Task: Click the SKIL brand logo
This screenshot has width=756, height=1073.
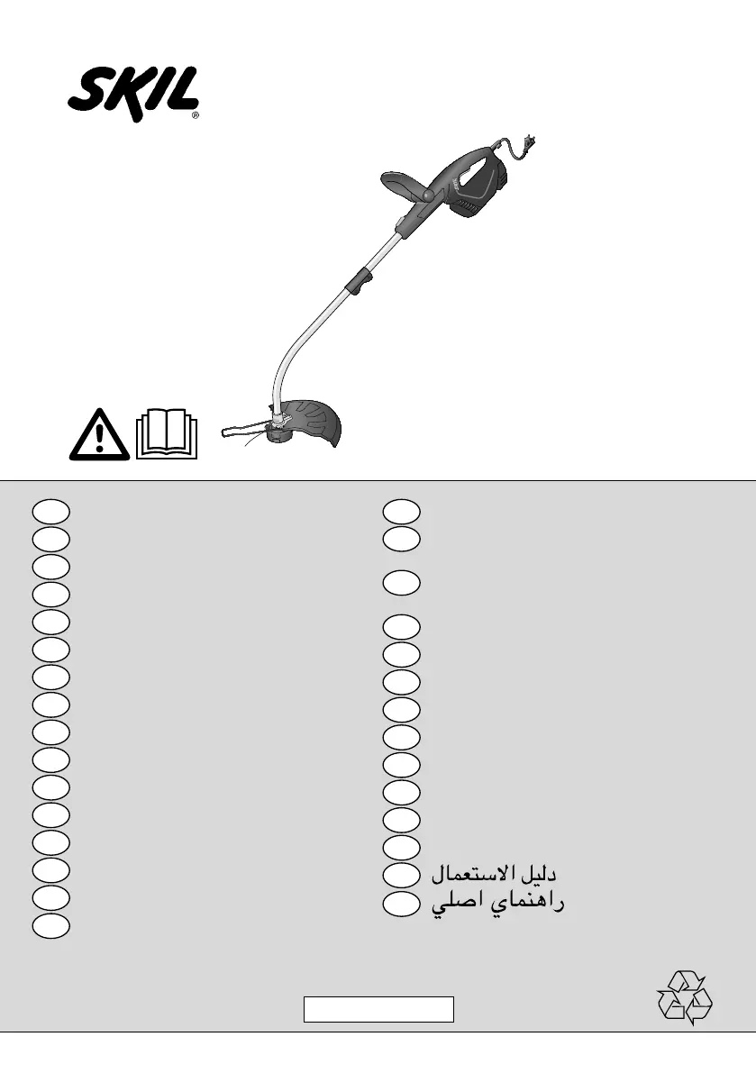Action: (133, 93)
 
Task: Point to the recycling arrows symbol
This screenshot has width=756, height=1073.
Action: (685, 997)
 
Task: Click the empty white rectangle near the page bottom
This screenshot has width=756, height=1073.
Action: (378, 1009)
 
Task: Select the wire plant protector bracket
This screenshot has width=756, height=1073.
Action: (241, 431)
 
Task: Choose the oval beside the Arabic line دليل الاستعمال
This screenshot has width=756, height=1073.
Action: (400, 874)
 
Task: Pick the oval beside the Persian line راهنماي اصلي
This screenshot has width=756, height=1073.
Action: (400, 902)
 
